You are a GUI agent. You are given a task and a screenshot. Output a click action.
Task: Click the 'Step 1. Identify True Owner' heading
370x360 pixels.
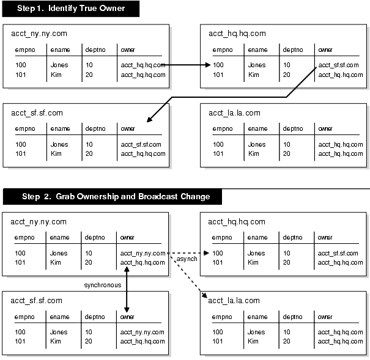pyautogui.click(x=70, y=9)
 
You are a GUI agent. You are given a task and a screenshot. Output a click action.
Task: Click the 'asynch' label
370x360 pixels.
pyautogui.click(x=186, y=260)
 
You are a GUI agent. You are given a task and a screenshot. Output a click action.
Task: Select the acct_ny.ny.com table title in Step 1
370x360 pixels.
pyautogui.click(x=35, y=34)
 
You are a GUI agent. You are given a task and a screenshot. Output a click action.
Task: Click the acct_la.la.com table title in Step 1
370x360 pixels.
pyautogui.click(x=234, y=113)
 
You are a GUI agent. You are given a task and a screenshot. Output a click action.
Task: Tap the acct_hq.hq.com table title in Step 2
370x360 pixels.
pyautogui.click(x=237, y=222)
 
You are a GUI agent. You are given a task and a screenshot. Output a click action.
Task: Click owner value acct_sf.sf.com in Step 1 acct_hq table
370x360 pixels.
pyautogui.click(x=338, y=65)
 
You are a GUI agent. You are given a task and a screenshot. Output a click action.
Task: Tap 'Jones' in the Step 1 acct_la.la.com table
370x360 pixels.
pyautogui.click(x=257, y=145)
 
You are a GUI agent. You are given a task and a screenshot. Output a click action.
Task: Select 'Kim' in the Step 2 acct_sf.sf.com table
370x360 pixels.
pyautogui.click(x=56, y=341)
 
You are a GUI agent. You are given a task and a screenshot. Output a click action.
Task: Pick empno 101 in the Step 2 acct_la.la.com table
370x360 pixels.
pyautogui.click(x=218, y=341)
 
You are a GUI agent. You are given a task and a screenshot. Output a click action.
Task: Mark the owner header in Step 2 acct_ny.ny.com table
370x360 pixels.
pyautogui.click(x=127, y=237)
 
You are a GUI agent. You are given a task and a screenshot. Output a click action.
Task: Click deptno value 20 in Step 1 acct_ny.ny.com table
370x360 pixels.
pyautogui.click(x=89, y=75)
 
